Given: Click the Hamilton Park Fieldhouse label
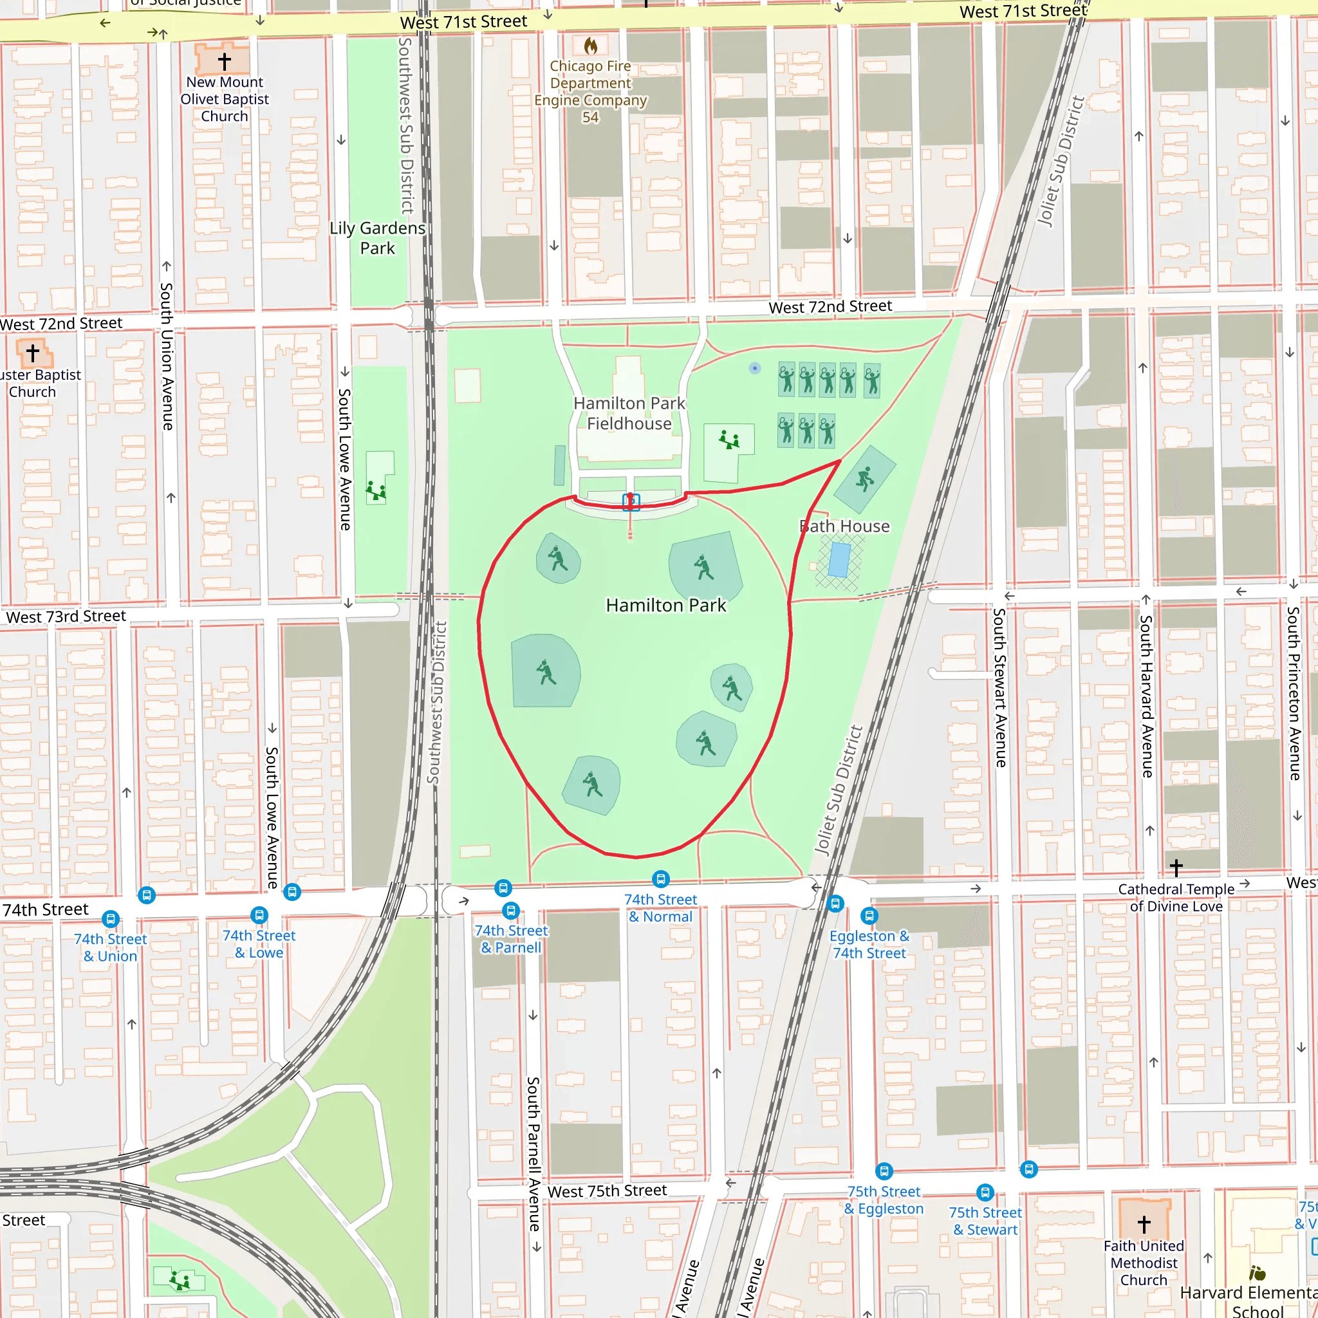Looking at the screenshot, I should [x=629, y=413].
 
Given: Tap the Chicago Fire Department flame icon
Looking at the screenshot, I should [x=591, y=46].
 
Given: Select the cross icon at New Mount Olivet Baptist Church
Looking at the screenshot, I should [x=225, y=61].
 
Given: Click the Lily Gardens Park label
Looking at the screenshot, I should [x=377, y=238].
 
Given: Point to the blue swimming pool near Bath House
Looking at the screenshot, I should [x=839, y=560].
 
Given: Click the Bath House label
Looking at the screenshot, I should [x=844, y=526].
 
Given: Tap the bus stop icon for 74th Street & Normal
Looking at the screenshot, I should [x=660, y=878].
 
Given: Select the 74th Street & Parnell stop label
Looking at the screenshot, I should [x=511, y=939].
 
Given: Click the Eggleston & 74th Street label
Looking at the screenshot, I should [x=869, y=944].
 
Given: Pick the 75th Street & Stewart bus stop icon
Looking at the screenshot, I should [x=985, y=1193].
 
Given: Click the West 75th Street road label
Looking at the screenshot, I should [x=607, y=1191].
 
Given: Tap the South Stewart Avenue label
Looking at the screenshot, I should [x=999, y=688].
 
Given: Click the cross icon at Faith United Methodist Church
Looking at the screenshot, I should [x=1144, y=1224].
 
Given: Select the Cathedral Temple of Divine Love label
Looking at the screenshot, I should [x=1176, y=898].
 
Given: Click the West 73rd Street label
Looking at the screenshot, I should [x=66, y=617].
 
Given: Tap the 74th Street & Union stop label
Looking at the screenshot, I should [x=111, y=947].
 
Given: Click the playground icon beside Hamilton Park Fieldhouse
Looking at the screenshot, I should [x=729, y=440].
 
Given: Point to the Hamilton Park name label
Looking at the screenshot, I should [x=666, y=605].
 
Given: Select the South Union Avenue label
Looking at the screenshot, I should [x=167, y=356].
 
